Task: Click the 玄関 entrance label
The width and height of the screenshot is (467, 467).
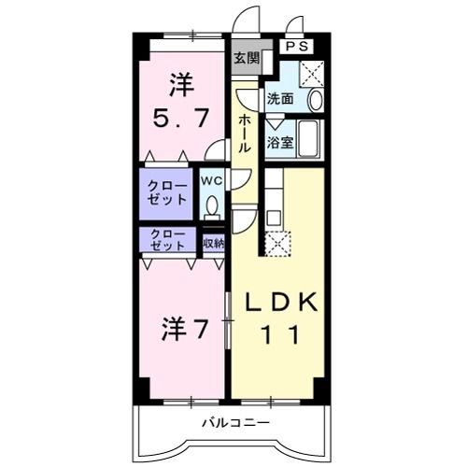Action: pos(246,58)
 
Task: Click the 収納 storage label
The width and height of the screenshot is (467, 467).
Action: pos(213,244)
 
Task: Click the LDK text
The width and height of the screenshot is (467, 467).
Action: pos(282,304)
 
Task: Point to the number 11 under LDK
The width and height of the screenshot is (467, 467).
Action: pos(282,333)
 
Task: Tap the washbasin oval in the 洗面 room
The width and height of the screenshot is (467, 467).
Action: pos(315,100)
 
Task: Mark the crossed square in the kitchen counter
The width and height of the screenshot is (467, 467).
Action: pos(276,243)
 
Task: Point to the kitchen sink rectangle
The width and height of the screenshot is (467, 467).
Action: pos(274,218)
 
